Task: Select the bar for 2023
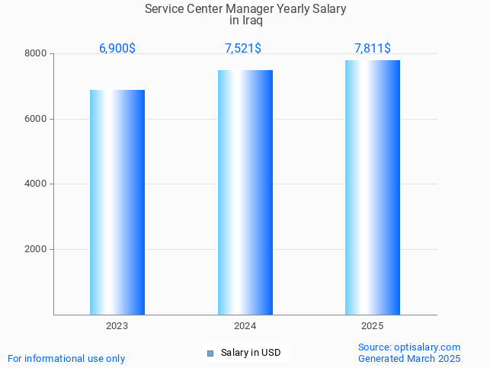(117, 202)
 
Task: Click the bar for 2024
(245, 192)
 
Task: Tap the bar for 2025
(373, 187)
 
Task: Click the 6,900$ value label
(117, 48)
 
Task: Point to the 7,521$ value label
(243, 48)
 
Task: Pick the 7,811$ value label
(373, 48)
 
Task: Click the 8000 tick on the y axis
(36, 54)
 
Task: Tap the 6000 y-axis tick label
(36, 119)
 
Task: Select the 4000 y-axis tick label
(36, 184)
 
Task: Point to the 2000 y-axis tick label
(36, 249)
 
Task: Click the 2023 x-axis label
(117, 325)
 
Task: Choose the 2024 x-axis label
(245, 325)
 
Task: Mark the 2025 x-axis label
(373, 325)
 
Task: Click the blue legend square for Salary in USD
(211, 353)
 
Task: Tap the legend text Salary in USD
(251, 353)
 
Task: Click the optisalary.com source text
(409, 347)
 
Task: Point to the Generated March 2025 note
(409, 358)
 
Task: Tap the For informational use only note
(66, 358)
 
